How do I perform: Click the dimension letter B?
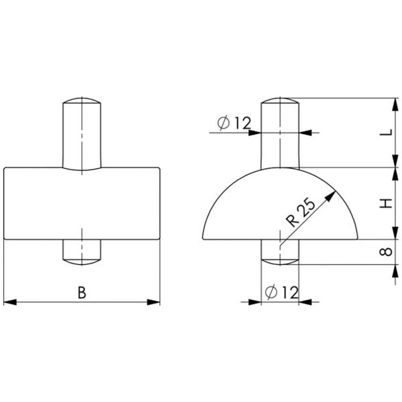tap(82, 292)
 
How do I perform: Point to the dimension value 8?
tap(385, 252)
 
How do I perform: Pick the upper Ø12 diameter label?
tap(234, 123)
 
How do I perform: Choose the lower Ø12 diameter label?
tap(281, 291)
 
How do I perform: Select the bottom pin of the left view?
tap(82, 251)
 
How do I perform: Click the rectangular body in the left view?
tap(82, 204)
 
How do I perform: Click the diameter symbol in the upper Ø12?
tap(224, 123)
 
